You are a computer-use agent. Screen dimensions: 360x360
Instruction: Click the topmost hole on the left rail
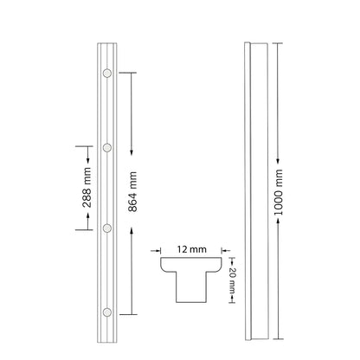tap(106, 74)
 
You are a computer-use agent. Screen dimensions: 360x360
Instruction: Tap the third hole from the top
tap(106, 228)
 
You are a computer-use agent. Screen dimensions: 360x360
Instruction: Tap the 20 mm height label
tap(233, 280)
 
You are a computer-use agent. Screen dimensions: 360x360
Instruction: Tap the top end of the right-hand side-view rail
tap(259, 43)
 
